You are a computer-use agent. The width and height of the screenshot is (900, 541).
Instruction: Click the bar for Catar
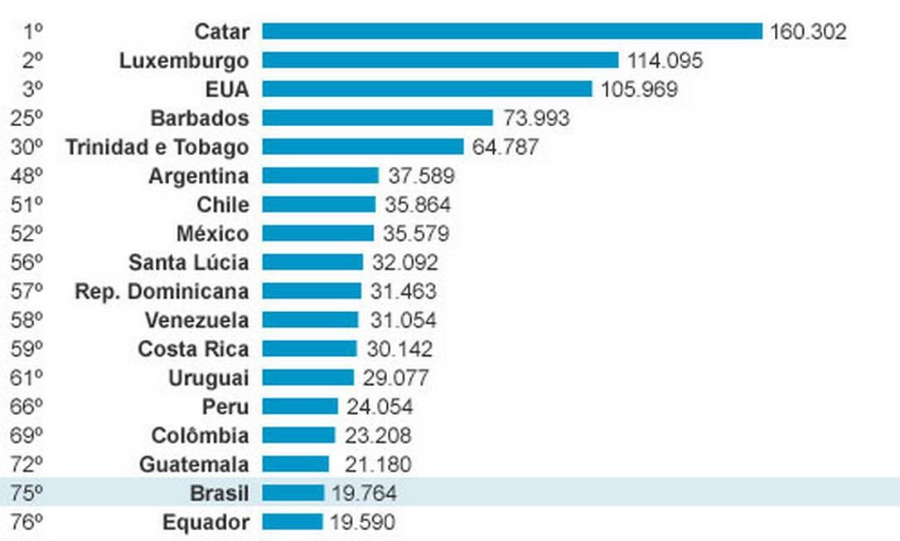(512, 32)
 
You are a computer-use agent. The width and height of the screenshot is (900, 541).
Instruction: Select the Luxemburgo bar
(440, 61)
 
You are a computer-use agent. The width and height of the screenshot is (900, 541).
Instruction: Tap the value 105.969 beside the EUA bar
(639, 90)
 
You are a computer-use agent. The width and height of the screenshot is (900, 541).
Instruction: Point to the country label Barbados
(199, 118)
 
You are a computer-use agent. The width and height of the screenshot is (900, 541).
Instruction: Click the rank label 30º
(27, 147)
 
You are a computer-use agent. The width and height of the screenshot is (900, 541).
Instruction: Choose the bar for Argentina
(320, 176)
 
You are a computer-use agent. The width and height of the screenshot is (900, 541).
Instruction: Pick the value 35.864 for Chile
(418, 205)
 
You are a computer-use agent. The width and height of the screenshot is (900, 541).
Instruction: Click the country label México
(212, 234)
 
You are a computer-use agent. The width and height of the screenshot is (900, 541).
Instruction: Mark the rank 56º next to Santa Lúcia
(27, 263)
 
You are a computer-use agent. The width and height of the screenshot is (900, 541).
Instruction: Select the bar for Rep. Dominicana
(312, 291)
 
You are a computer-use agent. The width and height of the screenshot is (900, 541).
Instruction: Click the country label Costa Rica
(193, 349)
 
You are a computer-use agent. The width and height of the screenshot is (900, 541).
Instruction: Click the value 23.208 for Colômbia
(377, 436)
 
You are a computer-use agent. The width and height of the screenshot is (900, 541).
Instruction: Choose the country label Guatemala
(194, 465)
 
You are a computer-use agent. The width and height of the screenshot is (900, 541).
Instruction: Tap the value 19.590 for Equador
(362, 523)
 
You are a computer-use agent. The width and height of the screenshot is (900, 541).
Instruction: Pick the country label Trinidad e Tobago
(157, 147)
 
